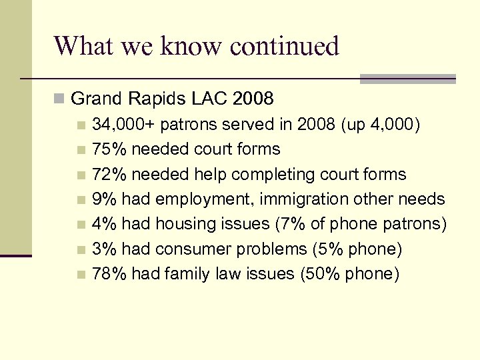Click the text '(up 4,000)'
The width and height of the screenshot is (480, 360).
click(x=379, y=124)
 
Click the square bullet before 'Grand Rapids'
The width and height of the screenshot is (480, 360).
click(x=60, y=100)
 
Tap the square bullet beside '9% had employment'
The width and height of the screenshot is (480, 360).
click(x=81, y=199)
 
